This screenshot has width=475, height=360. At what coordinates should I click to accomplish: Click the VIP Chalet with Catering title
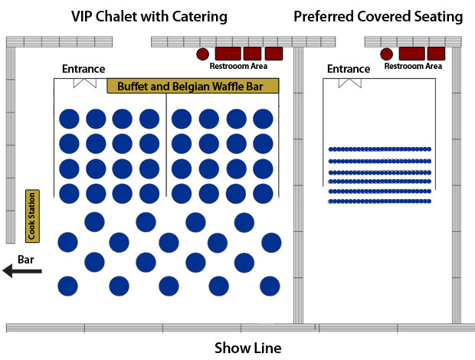(149, 16)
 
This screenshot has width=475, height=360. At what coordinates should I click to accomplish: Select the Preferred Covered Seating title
(378, 16)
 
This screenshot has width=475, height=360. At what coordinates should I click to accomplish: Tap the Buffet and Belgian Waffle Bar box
(193, 87)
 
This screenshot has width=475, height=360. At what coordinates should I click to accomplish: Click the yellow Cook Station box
(32, 216)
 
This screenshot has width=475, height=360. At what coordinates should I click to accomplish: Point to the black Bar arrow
(21, 270)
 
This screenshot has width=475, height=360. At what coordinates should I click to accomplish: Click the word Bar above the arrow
(25, 260)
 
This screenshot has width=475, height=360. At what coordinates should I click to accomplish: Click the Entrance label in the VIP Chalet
(84, 70)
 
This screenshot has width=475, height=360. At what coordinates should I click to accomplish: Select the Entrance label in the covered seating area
(349, 70)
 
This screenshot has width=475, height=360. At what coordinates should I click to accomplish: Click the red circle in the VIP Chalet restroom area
(203, 54)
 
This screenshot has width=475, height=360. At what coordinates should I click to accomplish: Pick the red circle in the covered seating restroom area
(387, 54)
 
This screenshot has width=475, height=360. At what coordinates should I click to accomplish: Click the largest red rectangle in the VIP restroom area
(228, 54)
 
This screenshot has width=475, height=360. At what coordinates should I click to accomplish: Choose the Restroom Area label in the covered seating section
(413, 66)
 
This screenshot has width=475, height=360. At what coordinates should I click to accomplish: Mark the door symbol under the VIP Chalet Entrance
(84, 82)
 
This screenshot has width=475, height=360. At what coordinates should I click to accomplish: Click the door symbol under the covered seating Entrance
(349, 82)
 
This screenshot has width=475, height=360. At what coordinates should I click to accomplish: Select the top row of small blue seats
(380, 149)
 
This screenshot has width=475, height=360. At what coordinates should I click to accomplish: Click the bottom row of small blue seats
(380, 201)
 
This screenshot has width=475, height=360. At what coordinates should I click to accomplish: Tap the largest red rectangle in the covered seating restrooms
(412, 54)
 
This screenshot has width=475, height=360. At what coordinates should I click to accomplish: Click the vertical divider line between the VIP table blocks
(167, 146)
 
